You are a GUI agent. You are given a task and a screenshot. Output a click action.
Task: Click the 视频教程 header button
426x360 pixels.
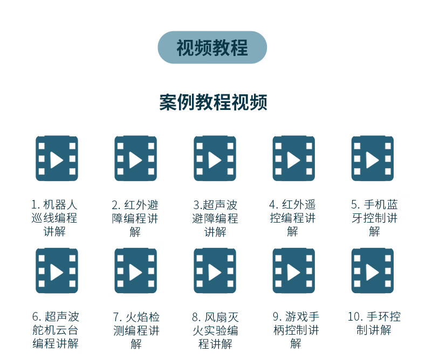coord(212,47)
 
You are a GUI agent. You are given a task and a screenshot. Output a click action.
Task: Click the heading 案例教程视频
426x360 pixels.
coord(213,102)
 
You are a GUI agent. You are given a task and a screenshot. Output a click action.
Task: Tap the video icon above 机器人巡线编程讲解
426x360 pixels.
coord(57,158)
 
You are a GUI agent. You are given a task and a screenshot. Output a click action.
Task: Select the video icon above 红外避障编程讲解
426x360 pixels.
coord(135,158)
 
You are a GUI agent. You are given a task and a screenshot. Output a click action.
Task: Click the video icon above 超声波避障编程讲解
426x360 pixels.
coord(215,158)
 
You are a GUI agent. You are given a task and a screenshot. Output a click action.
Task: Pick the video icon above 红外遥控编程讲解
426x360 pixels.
coord(293,158)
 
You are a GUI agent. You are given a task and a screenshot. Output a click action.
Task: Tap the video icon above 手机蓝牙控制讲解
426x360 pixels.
coord(372,158)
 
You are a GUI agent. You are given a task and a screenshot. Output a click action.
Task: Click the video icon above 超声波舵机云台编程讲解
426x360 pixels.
coord(57,271)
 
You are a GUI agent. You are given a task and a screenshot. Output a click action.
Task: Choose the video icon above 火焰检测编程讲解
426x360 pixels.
coord(135,271)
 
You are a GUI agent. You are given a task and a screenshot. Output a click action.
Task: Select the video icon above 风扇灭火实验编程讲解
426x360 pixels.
coord(215,271)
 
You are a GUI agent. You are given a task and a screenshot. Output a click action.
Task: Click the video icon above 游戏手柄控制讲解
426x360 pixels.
coord(293,271)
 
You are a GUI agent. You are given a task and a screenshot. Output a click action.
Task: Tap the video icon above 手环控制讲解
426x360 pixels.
coord(372,271)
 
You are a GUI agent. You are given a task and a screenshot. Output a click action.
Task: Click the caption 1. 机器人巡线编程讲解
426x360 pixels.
coord(54,218)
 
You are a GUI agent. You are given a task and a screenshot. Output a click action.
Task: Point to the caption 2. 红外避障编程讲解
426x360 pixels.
coord(135,218)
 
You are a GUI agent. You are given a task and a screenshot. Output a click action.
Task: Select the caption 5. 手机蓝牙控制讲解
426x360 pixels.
coord(374,218)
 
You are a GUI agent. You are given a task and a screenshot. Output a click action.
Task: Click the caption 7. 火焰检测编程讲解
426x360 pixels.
coord(136,330)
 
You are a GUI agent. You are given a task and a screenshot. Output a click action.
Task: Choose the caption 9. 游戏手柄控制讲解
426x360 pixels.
coord(296,330)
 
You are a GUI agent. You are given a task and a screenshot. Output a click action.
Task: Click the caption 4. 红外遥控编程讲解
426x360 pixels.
coord(293,218)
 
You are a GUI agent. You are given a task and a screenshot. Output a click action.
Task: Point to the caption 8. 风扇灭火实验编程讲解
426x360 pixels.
coord(215,330)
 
